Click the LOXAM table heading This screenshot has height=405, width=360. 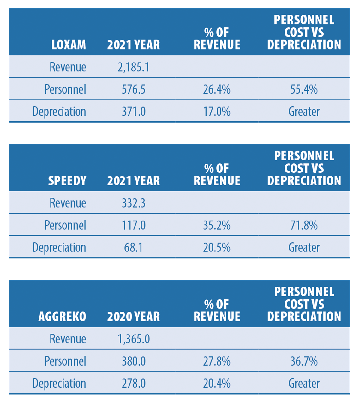click(x=69, y=45)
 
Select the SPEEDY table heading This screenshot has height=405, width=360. click(x=67, y=181)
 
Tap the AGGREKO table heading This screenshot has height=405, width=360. click(x=62, y=317)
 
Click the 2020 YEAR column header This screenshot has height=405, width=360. click(x=134, y=317)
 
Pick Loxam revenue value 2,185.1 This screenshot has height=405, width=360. click(x=134, y=67)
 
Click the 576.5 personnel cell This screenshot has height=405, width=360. click(x=134, y=89)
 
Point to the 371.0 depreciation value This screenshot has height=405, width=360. click(x=134, y=112)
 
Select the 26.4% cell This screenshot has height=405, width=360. click(x=217, y=89)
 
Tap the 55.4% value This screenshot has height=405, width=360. click(x=304, y=89)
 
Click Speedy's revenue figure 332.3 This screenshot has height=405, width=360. click(x=134, y=203)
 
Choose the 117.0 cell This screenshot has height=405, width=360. click(x=134, y=225)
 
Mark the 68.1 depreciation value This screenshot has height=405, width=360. click(x=134, y=247)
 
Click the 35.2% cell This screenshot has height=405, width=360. click(x=217, y=225)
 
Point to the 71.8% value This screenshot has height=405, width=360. click(x=304, y=225)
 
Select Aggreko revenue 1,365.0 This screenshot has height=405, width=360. click(x=134, y=339)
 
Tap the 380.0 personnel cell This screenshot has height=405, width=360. click(x=134, y=361)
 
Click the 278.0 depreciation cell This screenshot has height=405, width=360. click(x=134, y=383)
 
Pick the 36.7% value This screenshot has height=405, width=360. click(x=304, y=361)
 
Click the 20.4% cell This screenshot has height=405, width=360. click(x=217, y=383)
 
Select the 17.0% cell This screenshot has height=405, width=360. click(x=217, y=112)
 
